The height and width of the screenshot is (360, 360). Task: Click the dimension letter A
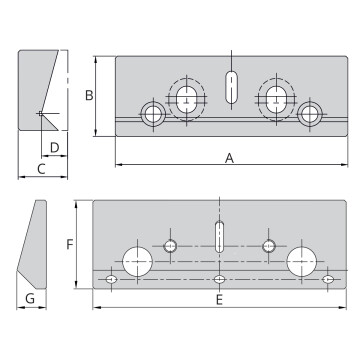click(229, 158)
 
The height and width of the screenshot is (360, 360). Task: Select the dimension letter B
click(89, 96)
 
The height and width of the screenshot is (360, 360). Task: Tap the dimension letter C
click(41, 168)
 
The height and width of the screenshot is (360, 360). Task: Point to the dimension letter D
click(54, 148)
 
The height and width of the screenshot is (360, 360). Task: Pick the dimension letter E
click(219, 299)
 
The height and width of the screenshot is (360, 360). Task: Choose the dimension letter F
click(69, 243)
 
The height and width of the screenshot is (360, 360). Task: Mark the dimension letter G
click(30, 299)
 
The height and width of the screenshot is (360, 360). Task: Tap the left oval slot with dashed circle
click(185, 97)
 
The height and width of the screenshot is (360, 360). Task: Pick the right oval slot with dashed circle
click(275, 97)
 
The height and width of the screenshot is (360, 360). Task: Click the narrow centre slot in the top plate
click(232, 88)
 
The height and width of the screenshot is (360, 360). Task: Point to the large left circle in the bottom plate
click(136, 262)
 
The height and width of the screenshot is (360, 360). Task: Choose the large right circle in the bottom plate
click(301, 262)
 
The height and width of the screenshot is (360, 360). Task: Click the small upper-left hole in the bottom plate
click(171, 246)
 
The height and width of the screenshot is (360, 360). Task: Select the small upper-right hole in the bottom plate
click(268, 246)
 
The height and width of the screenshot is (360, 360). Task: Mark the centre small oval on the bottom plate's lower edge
click(219, 280)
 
